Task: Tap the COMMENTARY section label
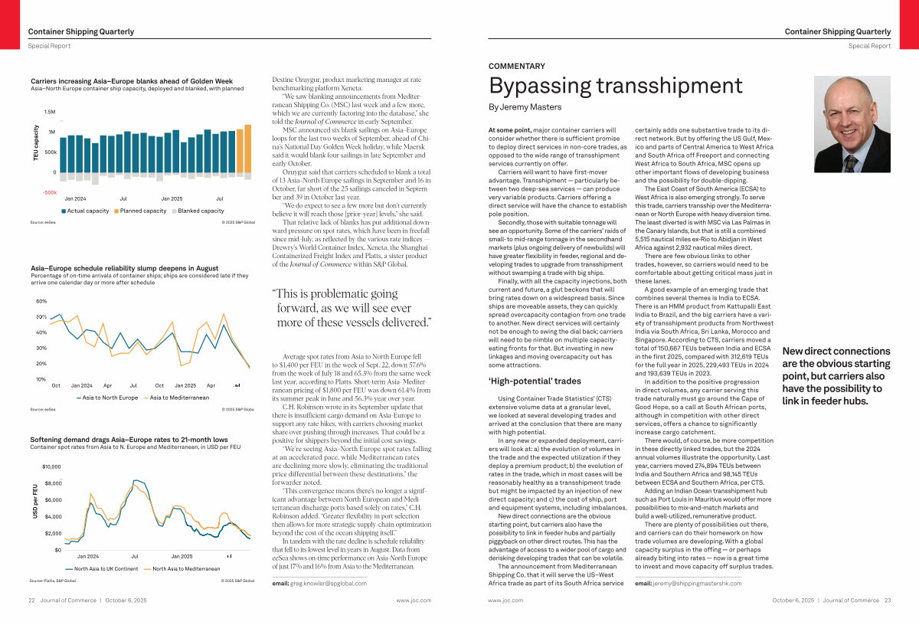(x=517, y=67)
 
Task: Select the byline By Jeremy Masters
(x=525, y=107)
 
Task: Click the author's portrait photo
(x=852, y=125)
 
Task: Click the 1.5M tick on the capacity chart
(x=50, y=112)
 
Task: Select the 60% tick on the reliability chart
(x=41, y=301)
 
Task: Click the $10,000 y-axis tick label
(x=51, y=466)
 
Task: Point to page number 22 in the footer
(x=33, y=600)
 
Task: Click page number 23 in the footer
(x=887, y=600)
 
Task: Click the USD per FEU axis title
(x=36, y=501)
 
